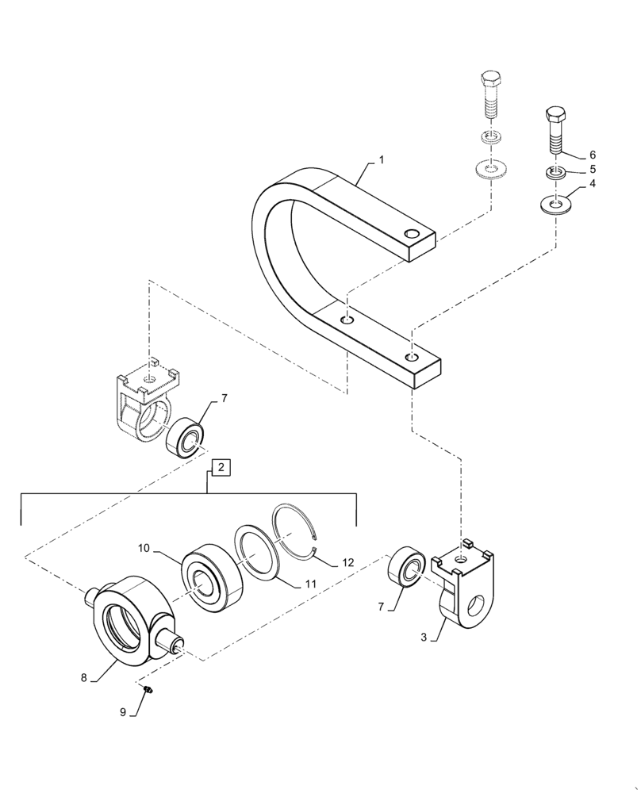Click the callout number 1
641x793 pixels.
tap(381, 160)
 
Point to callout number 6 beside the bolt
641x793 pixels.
tap(591, 155)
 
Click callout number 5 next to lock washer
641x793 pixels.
tap(591, 170)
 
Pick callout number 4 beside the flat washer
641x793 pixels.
tap(591, 186)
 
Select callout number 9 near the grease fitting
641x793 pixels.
tap(124, 712)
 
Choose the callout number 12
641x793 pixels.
tap(347, 563)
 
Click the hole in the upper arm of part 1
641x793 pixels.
tap(410, 234)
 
